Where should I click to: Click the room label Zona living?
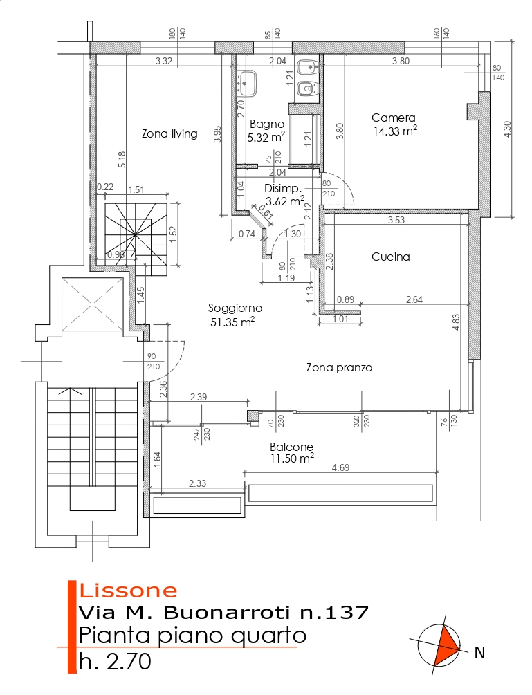point(169,133)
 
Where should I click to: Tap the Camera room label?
point(393,118)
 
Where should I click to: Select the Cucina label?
point(390,257)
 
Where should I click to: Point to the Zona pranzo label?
point(339,368)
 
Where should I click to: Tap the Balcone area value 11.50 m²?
point(291,458)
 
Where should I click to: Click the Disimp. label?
point(283,189)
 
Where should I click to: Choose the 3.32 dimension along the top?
point(164,61)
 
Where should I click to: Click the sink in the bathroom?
point(247,83)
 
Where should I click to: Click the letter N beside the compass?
point(479,651)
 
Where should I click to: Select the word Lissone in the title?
point(129,591)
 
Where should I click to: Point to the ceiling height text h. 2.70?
point(115,661)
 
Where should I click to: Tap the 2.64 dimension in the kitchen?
point(414,299)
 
